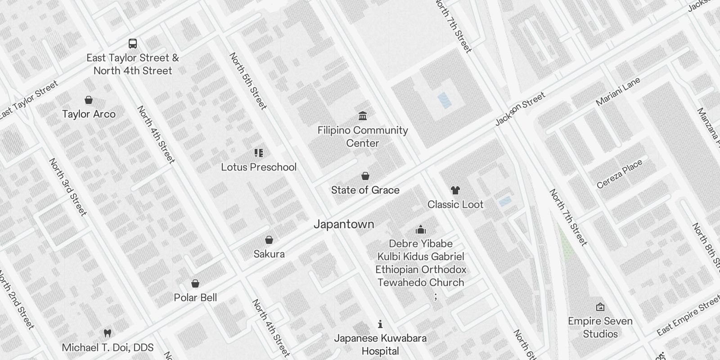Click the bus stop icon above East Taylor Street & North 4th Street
(x=133, y=44)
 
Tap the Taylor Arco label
(x=89, y=114)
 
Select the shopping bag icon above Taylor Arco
(x=89, y=100)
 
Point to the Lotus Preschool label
(x=259, y=167)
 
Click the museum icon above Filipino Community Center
(x=363, y=116)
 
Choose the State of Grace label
(x=365, y=190)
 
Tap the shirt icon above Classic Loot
(x=455, y=190)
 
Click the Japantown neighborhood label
(x=344, y=224)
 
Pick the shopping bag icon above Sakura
(x=269, y=240)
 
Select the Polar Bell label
(x=195, y=298)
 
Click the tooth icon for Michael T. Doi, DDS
(x=107, y=333)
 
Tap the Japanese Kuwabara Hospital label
(x=380, y=345)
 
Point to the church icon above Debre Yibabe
(x=421, y=230)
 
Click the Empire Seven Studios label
(x=600, y=328)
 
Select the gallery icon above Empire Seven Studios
(x=600, y=307)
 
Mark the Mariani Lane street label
(x=618, y=92)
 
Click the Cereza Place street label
(x=620, y=174)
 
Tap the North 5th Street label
(x=248, y=81)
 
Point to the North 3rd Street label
(x=67, y=186)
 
